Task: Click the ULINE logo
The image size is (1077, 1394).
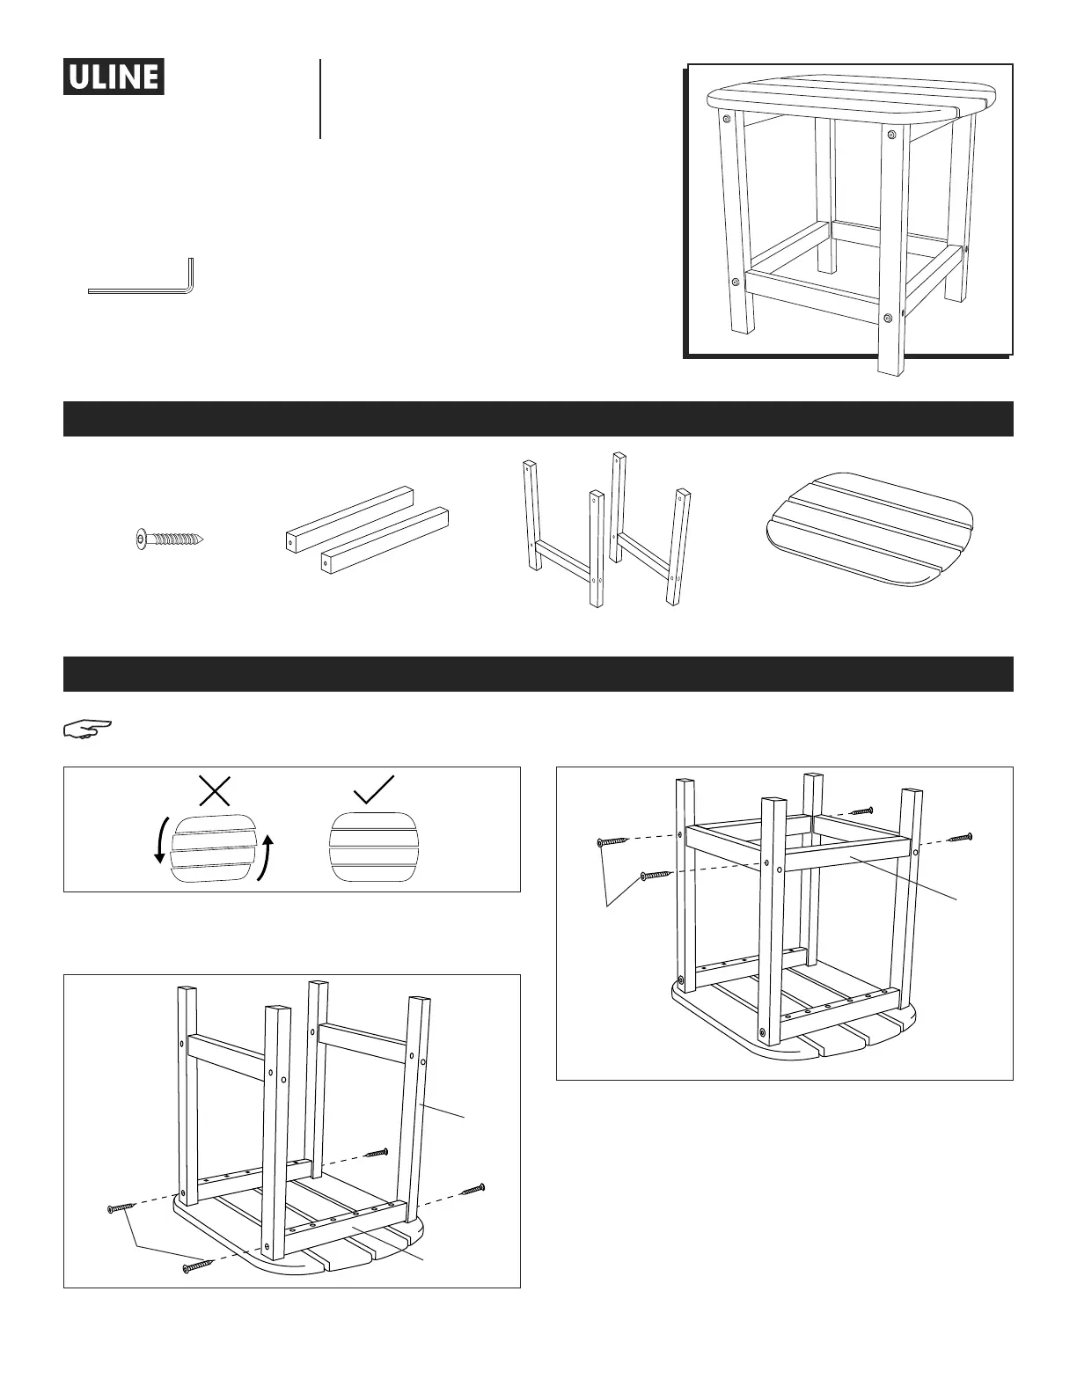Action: coord(114,77)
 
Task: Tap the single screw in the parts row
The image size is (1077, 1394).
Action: coord(171,537)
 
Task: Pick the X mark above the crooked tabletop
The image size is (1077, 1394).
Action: coord(215,790)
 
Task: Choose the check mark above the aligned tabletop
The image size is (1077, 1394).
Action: coord(373,790)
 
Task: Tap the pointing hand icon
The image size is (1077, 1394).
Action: coord(88,728)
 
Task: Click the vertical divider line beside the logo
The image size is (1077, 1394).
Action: coord(320,99)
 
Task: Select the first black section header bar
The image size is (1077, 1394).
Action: coord(538,419)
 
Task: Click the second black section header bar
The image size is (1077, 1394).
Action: coord(538,674)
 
